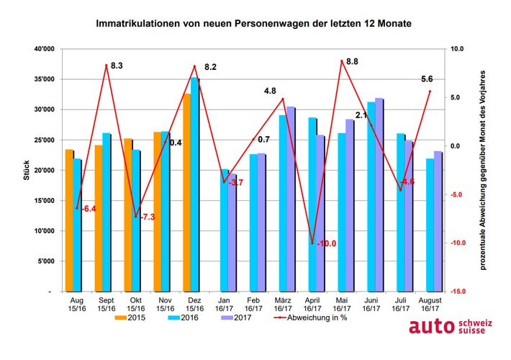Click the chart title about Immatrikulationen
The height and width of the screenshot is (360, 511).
pos(256,24)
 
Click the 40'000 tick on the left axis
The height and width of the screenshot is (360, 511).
pos(42,49)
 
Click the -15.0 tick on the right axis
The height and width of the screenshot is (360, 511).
pos(458,292)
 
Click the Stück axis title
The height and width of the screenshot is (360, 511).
pos(27,171)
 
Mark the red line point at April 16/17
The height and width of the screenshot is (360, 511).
pos(312,243)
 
